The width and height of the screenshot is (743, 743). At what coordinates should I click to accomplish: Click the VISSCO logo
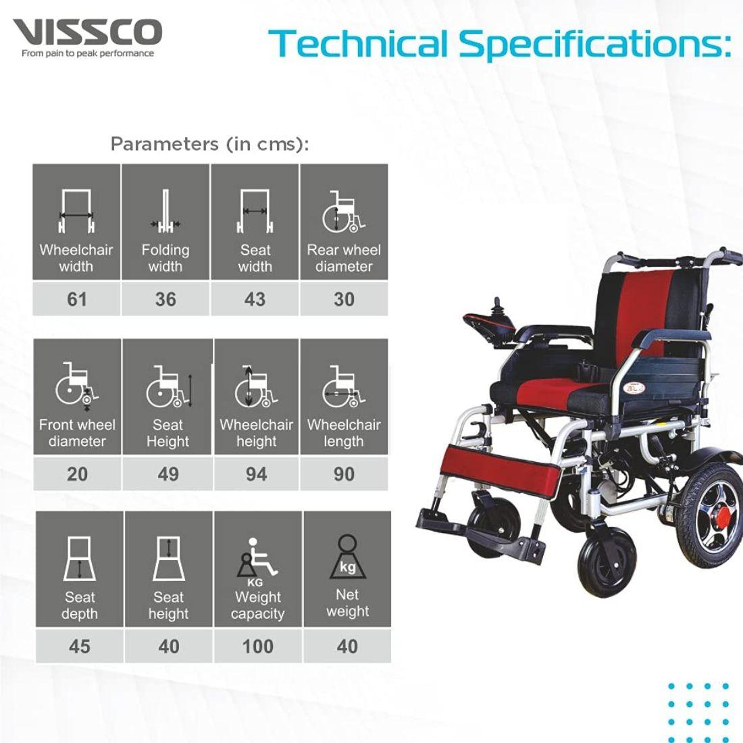[87, 32]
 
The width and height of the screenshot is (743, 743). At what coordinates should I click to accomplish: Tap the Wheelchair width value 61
[76, 299]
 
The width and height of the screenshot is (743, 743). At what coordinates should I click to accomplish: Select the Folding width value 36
[165, 299]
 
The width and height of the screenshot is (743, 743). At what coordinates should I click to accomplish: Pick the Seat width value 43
[255, 299]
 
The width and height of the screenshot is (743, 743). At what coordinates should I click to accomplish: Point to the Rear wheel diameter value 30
[344, 299]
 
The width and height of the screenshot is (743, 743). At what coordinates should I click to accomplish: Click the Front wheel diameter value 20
[77, 473]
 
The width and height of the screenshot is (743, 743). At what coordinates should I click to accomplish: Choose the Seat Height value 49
[168, 473]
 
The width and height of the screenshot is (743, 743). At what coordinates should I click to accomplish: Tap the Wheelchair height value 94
[256, 473]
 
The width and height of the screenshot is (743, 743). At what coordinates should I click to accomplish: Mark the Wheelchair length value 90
[344, 473]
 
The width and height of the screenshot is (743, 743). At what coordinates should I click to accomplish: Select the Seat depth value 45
[79, 646]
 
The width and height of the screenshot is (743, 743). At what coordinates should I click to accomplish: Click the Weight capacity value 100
[257, 646]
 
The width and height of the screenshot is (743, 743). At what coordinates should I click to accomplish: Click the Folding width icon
[165, 211]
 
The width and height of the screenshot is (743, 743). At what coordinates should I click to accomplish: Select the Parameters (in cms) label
[209, 144]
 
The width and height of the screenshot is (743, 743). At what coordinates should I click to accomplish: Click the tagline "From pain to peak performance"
[88, 53]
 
